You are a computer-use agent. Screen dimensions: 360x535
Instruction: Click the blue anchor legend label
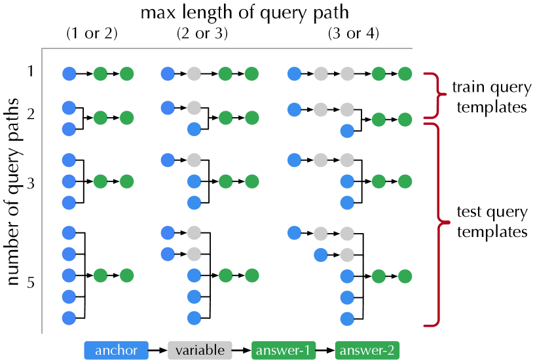pos(116,351)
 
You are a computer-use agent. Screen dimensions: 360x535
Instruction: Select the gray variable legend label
pos(200,351)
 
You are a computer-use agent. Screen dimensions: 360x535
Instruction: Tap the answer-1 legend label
pos(283,351)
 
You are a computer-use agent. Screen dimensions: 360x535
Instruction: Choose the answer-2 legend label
pos(367,351)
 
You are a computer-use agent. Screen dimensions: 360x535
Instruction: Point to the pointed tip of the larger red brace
pos(448,223)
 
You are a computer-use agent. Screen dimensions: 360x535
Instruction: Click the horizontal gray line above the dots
pos(227,48)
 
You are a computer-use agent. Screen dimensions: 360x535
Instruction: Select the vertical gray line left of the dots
pos(42,190)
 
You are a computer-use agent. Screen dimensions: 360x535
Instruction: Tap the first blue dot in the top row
pos(69,74)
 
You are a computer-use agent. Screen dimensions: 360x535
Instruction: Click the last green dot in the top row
pos(405,74)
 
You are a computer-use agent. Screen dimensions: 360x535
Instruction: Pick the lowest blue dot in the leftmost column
pos(69,318)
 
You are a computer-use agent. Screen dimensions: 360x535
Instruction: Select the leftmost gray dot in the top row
pos(194,74)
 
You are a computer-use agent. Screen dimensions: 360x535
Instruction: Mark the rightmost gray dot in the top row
pos(347,74)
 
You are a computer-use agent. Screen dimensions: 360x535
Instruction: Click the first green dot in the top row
pos(100,74)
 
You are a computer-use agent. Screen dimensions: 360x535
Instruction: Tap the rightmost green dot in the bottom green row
pos(405,276)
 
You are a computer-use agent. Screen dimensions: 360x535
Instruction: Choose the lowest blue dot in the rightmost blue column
pos(347,319)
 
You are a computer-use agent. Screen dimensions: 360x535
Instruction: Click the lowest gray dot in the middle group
pos(194,253)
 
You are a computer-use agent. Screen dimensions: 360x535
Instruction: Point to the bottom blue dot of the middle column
pos(194,318)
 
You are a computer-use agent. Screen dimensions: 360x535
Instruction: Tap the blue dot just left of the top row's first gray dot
pos(168,74)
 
